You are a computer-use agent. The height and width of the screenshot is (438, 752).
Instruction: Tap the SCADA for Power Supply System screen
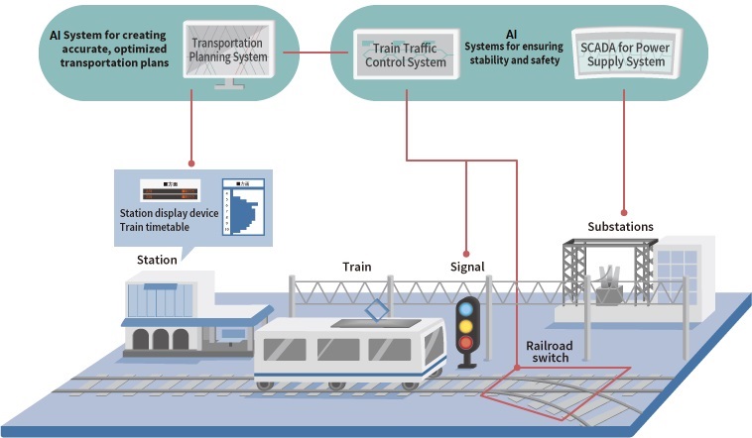click(624, 49)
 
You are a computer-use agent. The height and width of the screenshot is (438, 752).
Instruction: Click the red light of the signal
click(465, 343)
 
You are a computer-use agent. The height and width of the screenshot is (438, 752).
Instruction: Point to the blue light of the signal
click(465, 308)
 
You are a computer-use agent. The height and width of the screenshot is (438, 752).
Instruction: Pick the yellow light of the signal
click(465, 325)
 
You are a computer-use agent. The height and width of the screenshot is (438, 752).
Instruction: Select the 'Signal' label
click(466, 267)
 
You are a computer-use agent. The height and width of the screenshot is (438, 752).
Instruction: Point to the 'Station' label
click(157, 260)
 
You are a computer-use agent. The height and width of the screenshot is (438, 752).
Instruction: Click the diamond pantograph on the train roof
click(377, 311)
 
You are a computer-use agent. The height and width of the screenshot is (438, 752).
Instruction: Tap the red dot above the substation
click(624, 211)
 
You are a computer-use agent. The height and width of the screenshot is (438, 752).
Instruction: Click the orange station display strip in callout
click(170, 192)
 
